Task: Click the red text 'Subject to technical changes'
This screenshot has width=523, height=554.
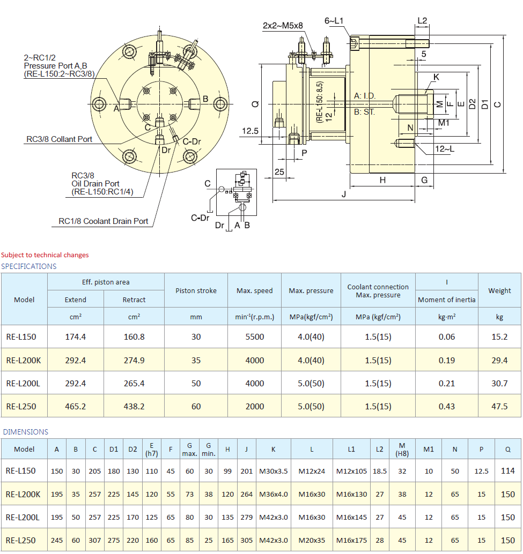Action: click(x=45, y=255)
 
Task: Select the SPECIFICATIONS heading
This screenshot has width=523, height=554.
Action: click(x=28, y=266)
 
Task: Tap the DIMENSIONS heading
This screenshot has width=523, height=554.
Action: click(x=25, y=432)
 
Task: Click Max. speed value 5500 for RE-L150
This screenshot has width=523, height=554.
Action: click(x=254, y=337)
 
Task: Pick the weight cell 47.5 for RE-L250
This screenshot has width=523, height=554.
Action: click(x=499, y=406)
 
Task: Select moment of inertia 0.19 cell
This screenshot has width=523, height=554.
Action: click(x=446, y=360)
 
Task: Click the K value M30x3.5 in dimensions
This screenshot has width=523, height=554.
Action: click(x=273, y=471)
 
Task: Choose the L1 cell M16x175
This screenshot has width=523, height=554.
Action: click(x=351, y=540)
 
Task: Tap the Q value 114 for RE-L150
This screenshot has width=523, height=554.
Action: click(x=507, y=471)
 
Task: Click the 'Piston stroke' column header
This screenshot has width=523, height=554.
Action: click(x=196, y=290)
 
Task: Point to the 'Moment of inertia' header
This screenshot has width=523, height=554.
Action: click(x=446, y=300)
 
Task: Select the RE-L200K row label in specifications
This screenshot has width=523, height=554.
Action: click(x=24, y=360)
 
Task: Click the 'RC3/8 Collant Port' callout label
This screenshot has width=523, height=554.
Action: click(x=59, y=139)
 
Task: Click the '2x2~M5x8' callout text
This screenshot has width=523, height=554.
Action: click(x=283, y=25)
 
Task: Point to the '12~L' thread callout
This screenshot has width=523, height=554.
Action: click(x=444, y=149)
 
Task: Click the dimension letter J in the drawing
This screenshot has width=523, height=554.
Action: click(x=343, y=194)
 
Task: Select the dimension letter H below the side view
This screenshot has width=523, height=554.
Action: click(x=382, y=180)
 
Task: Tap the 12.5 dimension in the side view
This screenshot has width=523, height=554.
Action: click(x=251, y=131)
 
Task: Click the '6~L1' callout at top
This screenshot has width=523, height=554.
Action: click(x=334, y=21)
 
